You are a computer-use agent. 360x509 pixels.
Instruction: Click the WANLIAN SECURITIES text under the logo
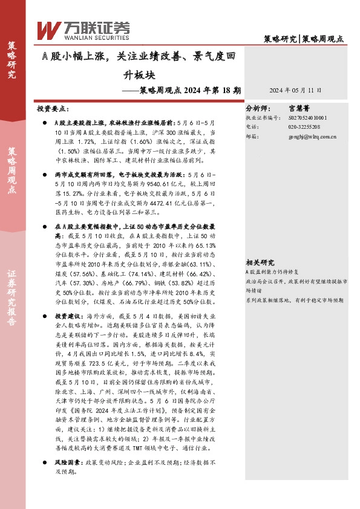point(87,36)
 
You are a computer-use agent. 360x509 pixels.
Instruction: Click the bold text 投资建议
point(67,316)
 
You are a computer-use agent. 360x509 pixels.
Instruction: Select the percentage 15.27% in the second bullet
point(76,194)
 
